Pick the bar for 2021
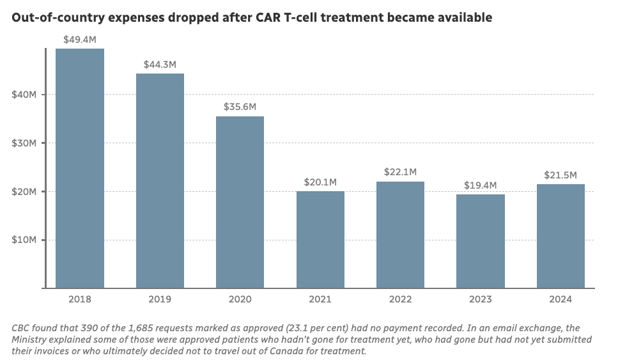pos(320,240)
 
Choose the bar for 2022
pos(400,235)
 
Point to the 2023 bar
pos(481,241)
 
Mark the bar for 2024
pos(560,236)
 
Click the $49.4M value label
pos(80,40)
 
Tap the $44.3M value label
pos(160,65)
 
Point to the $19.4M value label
pos(481,185)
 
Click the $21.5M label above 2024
pos(560,175)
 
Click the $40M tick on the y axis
pos(24,95)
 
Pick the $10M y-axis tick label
pos(24,240)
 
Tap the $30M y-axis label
pos(24,143)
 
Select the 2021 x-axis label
pos(320,299)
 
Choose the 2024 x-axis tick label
pos(560,299)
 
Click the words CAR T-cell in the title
pos(284,18)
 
